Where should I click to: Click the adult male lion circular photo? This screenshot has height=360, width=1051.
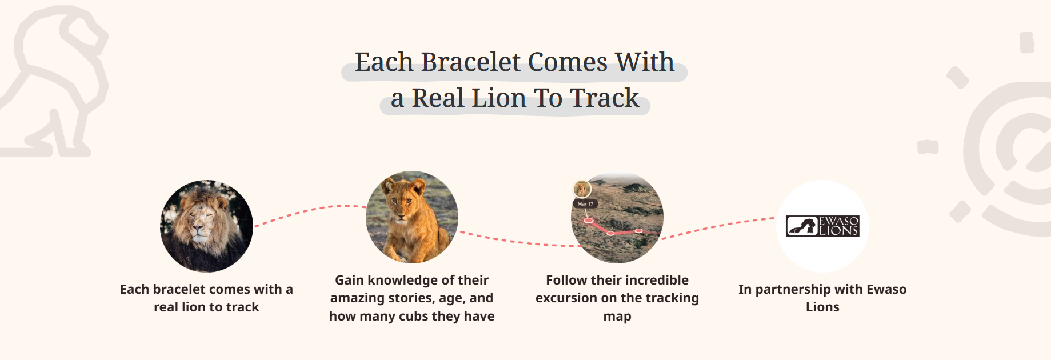point(206,226)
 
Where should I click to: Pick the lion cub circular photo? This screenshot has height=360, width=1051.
point(412,217)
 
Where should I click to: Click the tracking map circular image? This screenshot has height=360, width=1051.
point(617,217)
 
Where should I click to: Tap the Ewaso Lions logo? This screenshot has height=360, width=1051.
point(822,226)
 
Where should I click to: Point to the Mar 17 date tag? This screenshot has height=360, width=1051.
point(585,204)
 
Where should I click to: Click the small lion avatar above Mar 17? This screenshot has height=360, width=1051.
point(582,189)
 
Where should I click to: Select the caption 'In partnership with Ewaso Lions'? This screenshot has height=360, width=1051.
point(822,298)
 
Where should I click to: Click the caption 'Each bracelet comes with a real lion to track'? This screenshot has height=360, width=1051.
point(206,298)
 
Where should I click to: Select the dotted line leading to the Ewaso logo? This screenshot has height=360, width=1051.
point(718,227)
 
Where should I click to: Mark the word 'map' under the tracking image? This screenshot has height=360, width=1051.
point(617,317)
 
